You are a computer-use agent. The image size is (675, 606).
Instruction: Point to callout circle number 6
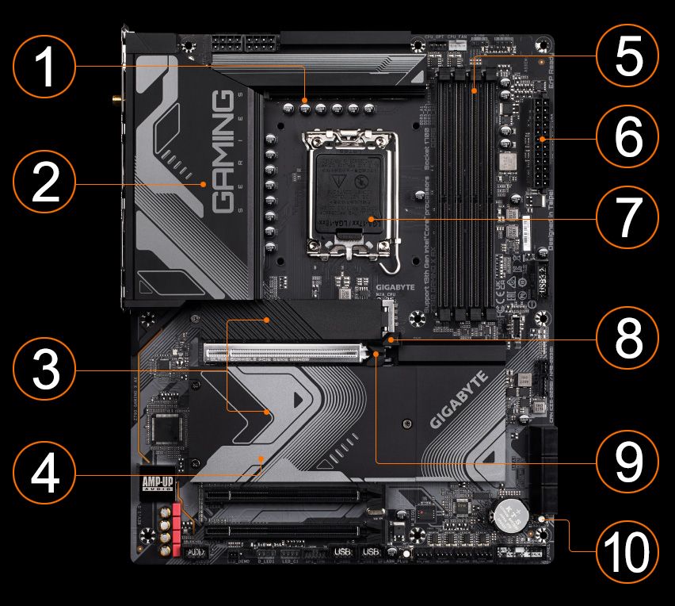coord(627,138)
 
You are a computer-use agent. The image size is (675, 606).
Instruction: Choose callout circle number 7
coord(627,217)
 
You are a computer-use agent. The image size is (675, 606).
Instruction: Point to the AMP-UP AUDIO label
coord(156,485)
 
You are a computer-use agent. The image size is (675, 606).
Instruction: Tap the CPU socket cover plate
coord(350,194)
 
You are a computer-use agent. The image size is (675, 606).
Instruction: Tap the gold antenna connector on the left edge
coord(116,101)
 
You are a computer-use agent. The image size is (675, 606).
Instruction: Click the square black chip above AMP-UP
coord(166,429)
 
